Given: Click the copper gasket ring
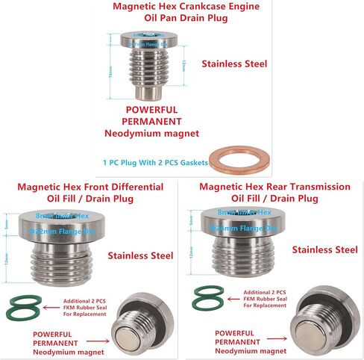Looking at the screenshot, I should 235,158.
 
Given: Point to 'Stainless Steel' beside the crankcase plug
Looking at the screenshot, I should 235,63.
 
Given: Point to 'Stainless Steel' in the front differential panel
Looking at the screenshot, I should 139,256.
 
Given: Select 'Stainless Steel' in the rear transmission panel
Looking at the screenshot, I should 325,249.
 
